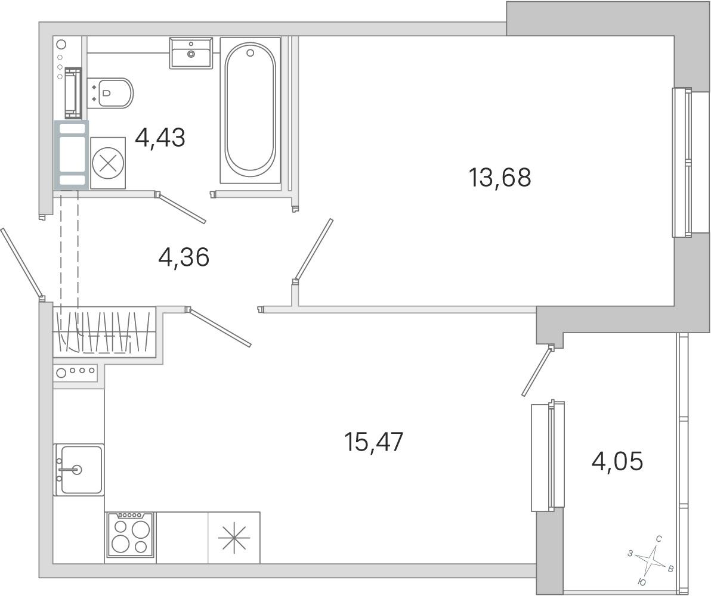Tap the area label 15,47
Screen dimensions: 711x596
coord(373,442)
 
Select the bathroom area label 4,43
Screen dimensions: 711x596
coord(160,137)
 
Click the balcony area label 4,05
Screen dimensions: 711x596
coord(617,461)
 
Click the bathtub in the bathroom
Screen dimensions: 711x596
coord(251,111)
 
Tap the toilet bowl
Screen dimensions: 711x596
coord(110,94)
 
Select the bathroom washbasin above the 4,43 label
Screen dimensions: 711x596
coord(191,53)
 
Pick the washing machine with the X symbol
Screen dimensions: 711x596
coord(108,163)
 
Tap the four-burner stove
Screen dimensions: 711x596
coord(130,535)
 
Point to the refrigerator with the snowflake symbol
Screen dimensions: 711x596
coord(234,538)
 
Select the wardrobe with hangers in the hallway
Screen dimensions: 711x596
coord(105,332)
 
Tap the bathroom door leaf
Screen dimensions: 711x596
coord(181,208)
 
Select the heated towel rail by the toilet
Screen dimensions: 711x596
coord(73,92)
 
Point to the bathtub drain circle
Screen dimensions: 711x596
coord(251,53)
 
